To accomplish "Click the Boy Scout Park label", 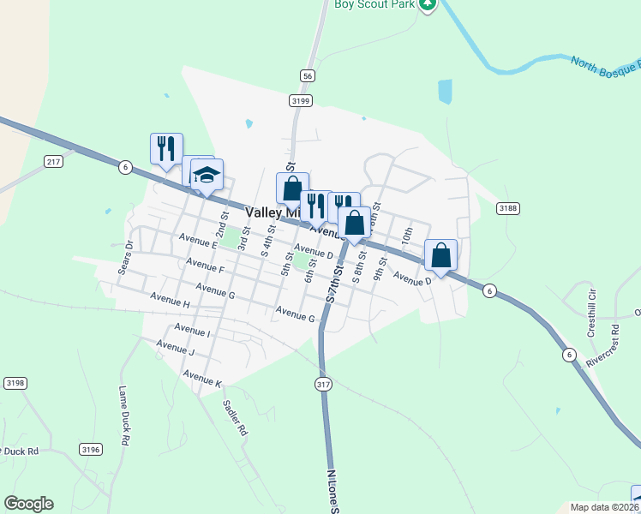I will point(374,4).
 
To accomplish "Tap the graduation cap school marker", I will point(207,175).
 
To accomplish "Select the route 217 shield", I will point(54,161).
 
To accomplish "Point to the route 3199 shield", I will point(300,100).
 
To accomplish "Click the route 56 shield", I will point(307,75).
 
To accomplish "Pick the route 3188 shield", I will point(508,207).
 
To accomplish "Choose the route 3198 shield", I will point(15,382).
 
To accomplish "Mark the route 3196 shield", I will point(91,449).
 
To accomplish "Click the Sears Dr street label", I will point(126,254).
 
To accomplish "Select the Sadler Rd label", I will point(235,418).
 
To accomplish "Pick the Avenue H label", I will point(170,301).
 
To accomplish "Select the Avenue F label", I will point(204,266).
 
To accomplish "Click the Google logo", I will point(28,504).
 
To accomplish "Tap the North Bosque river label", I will point(605,63).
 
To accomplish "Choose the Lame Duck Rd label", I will point(123,415).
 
